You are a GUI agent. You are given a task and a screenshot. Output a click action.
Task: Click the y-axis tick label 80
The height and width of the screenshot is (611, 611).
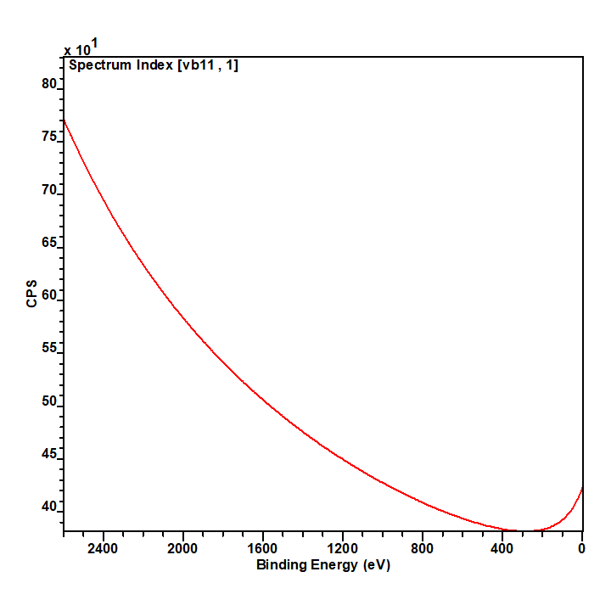(x=48, y=83)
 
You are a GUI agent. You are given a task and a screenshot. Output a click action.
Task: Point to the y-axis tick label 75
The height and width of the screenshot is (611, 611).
(x=48, y=136)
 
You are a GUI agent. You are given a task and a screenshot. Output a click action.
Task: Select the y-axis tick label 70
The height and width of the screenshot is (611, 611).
(x=48, y=189)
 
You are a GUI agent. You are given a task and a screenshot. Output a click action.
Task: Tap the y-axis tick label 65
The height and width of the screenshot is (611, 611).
(x=48, y=242)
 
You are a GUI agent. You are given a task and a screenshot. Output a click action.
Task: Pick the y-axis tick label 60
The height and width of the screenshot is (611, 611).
(x=48, y=294)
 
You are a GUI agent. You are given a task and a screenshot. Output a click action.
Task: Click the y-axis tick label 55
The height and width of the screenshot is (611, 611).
(x=48, y=347)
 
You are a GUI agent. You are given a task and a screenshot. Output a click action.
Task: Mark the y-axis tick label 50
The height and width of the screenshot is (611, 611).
(x=48, y=401)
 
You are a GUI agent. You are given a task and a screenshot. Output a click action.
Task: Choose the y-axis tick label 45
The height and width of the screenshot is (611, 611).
(x=48, y=453)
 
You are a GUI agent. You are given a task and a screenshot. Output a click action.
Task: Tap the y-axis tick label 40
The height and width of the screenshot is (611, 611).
(x=48, y=506)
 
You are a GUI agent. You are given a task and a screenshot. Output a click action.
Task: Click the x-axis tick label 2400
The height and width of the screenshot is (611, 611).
(x=103, y=548)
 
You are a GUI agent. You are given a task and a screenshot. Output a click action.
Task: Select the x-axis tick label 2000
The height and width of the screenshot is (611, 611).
(x=182, y=548)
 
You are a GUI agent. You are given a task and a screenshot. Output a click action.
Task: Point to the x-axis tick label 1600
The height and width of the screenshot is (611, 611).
(x=262, y=548)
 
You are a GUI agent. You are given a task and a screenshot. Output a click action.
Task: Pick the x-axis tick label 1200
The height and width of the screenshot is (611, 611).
(x=343, y=548)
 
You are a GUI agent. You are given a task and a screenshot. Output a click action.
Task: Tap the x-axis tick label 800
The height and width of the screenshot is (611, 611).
(x=423, y=548)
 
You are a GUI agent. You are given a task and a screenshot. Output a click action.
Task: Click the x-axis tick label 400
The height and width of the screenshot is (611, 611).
(x=502, y=548)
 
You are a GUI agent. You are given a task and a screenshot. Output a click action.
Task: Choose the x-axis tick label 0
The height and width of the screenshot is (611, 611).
(x=582, y=548)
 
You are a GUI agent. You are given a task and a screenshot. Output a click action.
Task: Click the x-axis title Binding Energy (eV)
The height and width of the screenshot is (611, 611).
(x=323, y=565)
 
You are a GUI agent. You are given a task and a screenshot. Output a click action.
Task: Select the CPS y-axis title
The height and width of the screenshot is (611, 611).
(x=31, y=294)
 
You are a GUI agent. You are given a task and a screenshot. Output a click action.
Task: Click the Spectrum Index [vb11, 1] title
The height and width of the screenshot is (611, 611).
(x=154, y=65)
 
